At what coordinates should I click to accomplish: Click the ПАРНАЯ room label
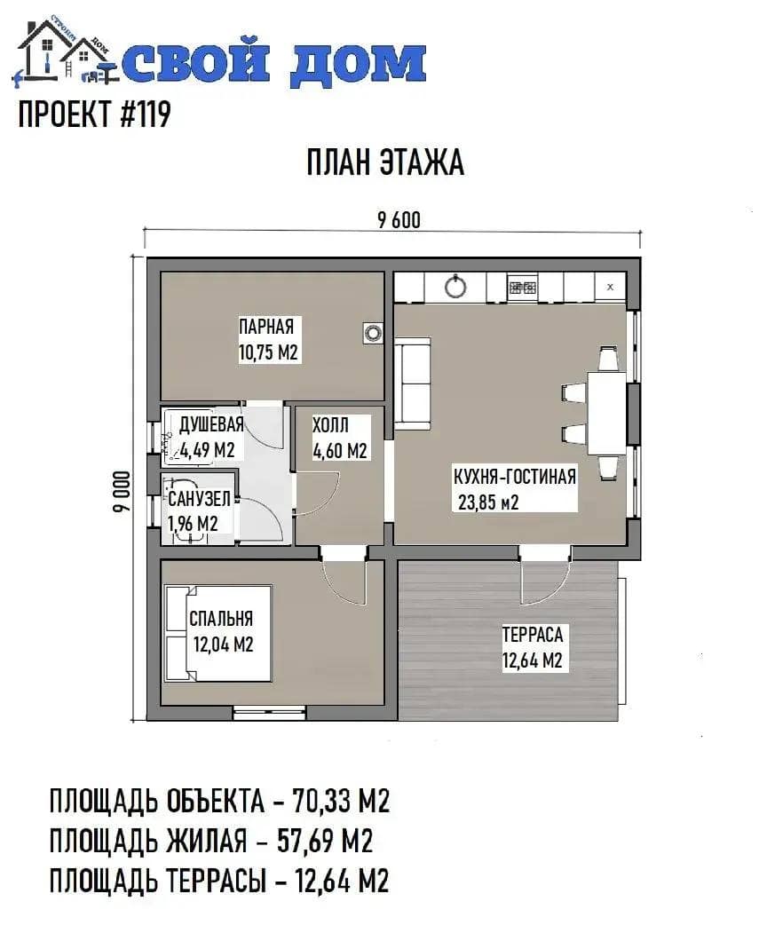tap(266, 327)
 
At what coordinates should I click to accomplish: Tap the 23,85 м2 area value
tap(488, 502)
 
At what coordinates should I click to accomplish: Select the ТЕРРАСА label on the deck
tap(533, 635)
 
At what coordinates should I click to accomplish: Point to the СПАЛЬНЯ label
tap(221, 618)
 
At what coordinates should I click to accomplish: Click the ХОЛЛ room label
tap(330, 425)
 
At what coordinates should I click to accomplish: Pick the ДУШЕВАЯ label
tap(211, 423)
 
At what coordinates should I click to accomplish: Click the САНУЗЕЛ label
tap(199, 498)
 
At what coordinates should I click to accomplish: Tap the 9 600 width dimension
tap(399, 220)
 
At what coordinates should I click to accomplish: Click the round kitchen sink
tap(455, 286)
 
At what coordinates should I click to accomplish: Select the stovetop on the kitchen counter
tap(523, 287)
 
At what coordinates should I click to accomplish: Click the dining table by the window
tap(606, 413)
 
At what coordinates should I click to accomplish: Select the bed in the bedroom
tap(218, 634)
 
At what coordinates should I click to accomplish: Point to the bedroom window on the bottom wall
tap(270, 713)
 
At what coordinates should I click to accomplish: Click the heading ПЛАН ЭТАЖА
tap(385, 162)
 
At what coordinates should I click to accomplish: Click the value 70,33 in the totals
tap(322, 801)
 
